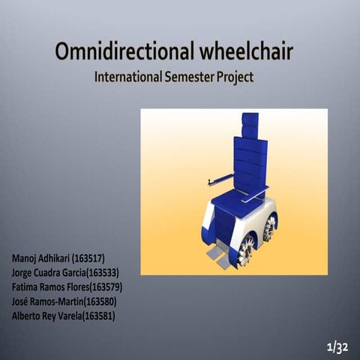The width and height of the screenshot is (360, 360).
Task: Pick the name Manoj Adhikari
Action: click(x=40, y=259)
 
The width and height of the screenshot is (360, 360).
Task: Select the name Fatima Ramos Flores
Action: click(x=46, y=287)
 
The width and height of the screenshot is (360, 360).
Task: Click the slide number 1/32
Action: click(x=338, y=346)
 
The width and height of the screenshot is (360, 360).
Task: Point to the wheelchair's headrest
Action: click(x=250, y=124)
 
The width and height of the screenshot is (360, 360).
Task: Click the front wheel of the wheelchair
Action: click(x=246, y=250)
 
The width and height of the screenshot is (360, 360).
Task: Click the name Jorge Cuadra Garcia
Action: click(x=46, y=273)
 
